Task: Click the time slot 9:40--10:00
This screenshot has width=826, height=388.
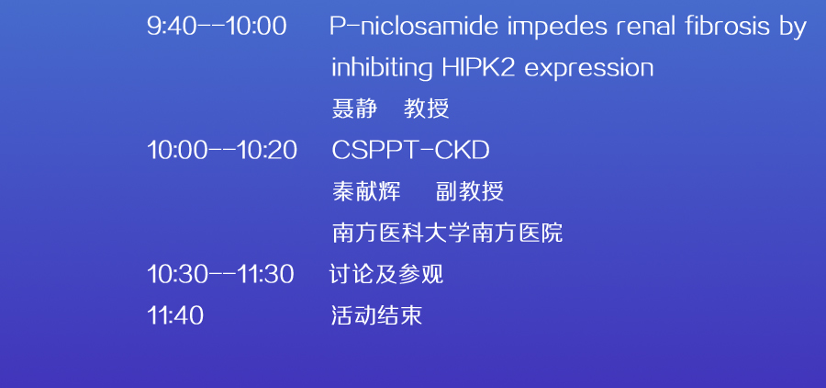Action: (x=217, y=27)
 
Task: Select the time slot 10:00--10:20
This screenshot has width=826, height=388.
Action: (x=222, y=151)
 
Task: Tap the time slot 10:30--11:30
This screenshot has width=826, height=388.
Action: (x=220, y=275)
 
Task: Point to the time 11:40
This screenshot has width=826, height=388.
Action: (x=175, y=315)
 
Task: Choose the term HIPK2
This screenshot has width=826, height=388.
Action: (x=478, y=67)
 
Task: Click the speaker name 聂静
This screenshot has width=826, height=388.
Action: (x=354, y=108)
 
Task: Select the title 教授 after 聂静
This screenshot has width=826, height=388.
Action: (x=426, y=108)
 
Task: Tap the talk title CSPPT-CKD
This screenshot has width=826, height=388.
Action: (x=410, y=151)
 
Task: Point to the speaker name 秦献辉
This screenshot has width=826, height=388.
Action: (x=366, y=191)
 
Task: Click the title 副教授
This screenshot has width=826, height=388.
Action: (x=470, y=191)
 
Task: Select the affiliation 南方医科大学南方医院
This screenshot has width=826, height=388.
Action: (x=447, y=233)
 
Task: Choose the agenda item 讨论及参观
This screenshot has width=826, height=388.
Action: (x=386, y=275)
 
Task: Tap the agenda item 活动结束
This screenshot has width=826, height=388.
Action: (x=376, y=315)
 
